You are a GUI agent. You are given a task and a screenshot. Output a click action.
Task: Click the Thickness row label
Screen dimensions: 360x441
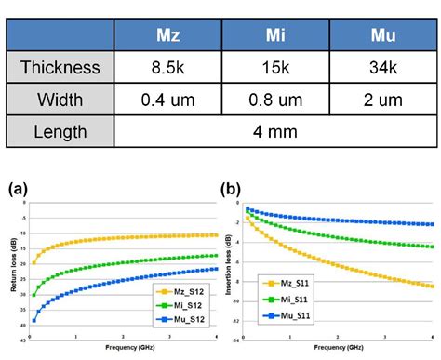click(60, 68)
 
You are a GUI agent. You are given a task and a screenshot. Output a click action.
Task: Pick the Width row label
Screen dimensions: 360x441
click(60, 99)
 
